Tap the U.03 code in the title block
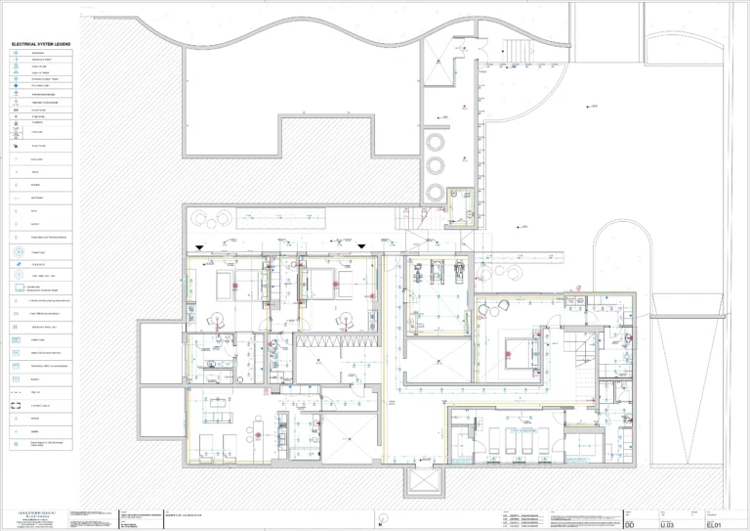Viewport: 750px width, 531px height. pyautogui.click(x=668, y=525)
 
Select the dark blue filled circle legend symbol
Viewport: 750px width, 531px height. pyautogui.click(x=19, y=86)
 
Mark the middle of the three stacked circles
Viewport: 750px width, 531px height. pyautogui.click(x=435, y=166)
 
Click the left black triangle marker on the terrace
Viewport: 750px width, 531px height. pyautogui.click(x=199, y=246)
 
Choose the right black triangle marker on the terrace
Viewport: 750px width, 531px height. pyautogui.click(x=361, y=246)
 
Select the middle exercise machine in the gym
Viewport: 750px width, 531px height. pyautogui.click(x=437, y=270)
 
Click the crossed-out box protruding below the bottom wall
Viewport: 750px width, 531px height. pyautogui.click(x=426, y=482)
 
